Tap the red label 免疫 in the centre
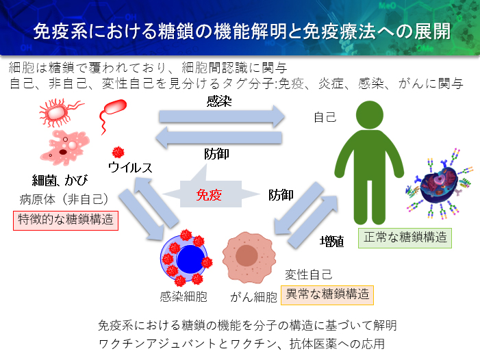pos(209,194)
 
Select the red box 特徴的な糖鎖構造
pos(66,220)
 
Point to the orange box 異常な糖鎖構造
pos(328,294)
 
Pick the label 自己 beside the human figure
pos(325,117)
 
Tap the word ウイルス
pos(129,167)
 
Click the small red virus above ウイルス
pos(118,151)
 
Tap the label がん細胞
pos(254,297)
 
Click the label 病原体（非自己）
pos(65,200)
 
